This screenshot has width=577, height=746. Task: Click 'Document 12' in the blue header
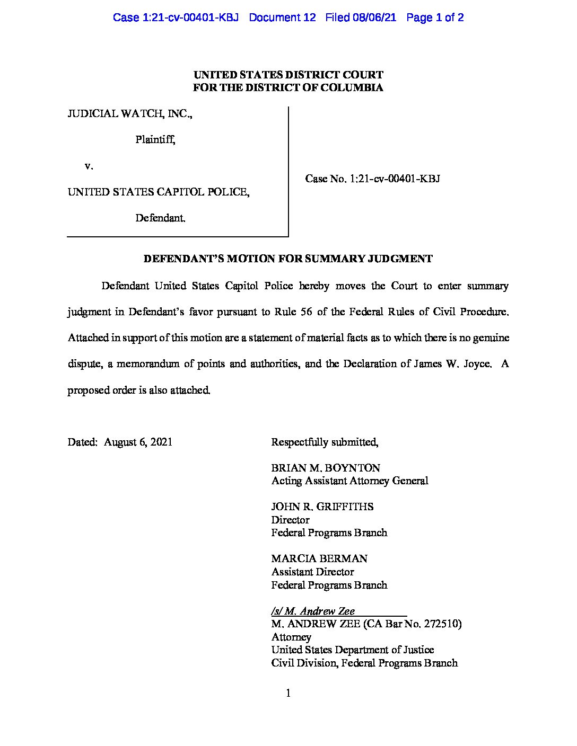[282, 17]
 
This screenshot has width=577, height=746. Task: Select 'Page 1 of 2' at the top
[435, 17]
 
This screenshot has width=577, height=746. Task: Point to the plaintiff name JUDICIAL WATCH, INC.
[129, 114]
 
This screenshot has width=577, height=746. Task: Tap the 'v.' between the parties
[89, 166]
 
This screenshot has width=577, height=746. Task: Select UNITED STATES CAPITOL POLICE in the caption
[158, 192]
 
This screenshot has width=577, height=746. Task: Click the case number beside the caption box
[372, 179]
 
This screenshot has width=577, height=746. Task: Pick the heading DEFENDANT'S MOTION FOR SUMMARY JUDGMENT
[288, 259]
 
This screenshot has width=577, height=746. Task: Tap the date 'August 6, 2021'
[138, 442]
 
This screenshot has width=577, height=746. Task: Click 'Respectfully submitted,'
[325, 442]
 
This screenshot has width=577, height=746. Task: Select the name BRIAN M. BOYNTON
[326, 468]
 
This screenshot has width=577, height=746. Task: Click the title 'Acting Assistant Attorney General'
[349, 481]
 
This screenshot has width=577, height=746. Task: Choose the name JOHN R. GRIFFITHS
[322, 507]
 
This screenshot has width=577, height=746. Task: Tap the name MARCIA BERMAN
[319, 558]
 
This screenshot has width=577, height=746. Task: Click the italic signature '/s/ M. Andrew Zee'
[313, 611]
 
